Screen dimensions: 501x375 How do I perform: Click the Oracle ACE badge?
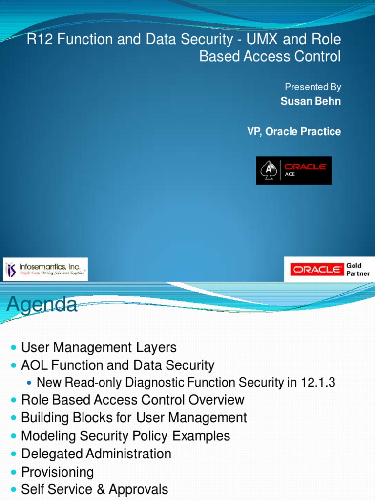(293, 170)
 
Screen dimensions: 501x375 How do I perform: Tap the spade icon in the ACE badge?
(268, 170)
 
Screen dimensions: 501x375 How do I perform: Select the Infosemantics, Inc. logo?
(45, 269)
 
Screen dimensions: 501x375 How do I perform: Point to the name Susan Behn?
(311, 101)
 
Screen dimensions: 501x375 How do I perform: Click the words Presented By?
(313, 87)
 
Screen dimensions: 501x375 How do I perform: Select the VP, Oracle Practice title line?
(294, 131)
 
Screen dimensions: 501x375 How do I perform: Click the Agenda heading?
(42, 305)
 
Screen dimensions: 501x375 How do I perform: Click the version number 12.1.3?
(318, 383)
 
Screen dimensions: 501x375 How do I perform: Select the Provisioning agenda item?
(58, 472)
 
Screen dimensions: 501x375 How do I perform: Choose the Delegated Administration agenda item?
(96, 454)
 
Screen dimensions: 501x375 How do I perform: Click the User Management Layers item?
(99, 348)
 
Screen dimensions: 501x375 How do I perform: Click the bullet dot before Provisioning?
(13, 473)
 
